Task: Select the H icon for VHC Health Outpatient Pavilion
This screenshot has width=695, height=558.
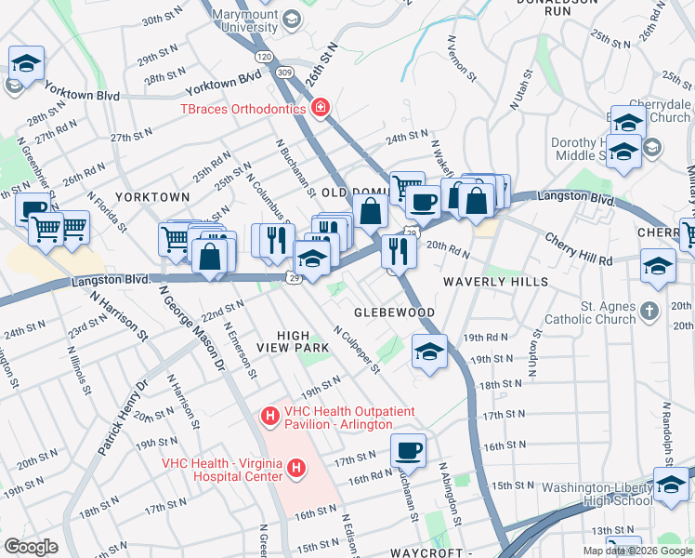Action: tap(270, 414)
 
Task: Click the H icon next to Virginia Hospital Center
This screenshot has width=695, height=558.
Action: tap(296, 468)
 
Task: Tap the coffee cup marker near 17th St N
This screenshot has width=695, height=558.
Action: tap(408, 451)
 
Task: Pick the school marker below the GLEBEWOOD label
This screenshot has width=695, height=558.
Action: tap(428, 352)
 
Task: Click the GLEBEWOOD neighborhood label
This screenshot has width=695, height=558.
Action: tap(394, 312)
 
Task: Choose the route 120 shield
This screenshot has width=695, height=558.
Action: tap(265, 57)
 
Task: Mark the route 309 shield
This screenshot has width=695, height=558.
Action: tap(285, 72)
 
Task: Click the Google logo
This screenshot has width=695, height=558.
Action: tap(31, 546)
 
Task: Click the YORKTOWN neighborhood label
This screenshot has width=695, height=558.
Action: tap(152, 197)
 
